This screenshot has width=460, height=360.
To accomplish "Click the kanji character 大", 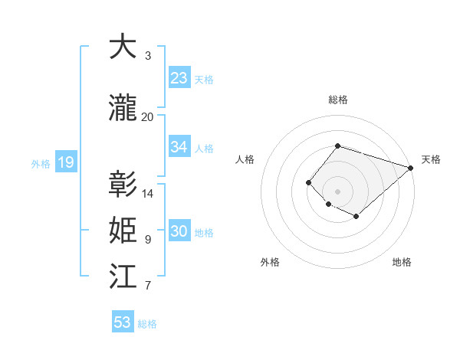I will (x=123, y=47).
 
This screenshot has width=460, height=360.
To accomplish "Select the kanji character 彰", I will (x=123, y=185).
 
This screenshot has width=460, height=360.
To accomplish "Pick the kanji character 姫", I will (x=123, y=231).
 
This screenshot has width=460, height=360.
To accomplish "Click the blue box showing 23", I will (x=179, y=78).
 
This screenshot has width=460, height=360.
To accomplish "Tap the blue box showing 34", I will (x=179, y=147).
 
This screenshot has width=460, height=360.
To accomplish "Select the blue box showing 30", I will (x=179, y=231).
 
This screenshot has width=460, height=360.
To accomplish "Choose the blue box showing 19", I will (x=65, y=162).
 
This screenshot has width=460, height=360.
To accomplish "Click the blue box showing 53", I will (x=123, y=322).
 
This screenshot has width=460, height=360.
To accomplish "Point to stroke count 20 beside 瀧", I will (x=147, y=117).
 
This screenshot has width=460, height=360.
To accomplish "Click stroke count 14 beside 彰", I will (x=148, y=194).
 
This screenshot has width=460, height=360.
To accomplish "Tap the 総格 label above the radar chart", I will (x=337, y=100).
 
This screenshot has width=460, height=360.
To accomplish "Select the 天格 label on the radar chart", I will (x=431, y=159).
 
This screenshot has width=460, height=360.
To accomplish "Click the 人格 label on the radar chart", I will (x=245, y=159).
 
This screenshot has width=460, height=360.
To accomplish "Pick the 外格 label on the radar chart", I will (x=270, y=262).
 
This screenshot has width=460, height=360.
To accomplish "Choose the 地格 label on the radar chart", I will (x=402, y=262).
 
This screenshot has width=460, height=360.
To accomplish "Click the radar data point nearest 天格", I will (x=411, y=168).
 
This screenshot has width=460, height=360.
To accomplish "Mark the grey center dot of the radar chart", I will (x=337, y=191).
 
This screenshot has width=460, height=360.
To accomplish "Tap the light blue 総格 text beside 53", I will (x=147, y=324).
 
